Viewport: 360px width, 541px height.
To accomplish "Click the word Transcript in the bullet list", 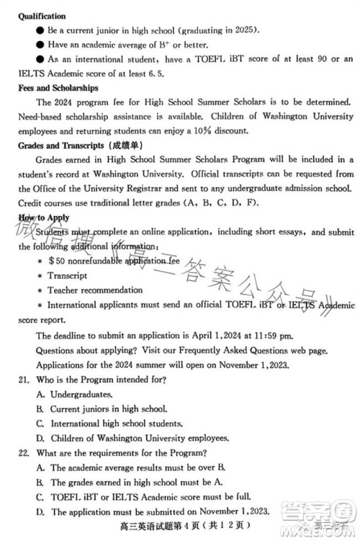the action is [68, 276].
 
